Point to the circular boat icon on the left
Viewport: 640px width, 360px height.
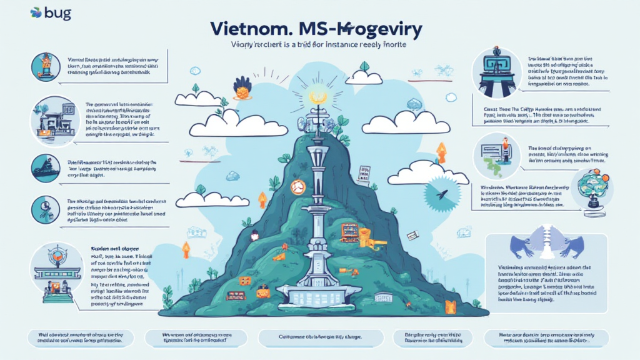pyautogui.click(x=47, y=167)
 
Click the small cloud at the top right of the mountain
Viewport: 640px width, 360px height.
pyautogui.click(x=364, y=77)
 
